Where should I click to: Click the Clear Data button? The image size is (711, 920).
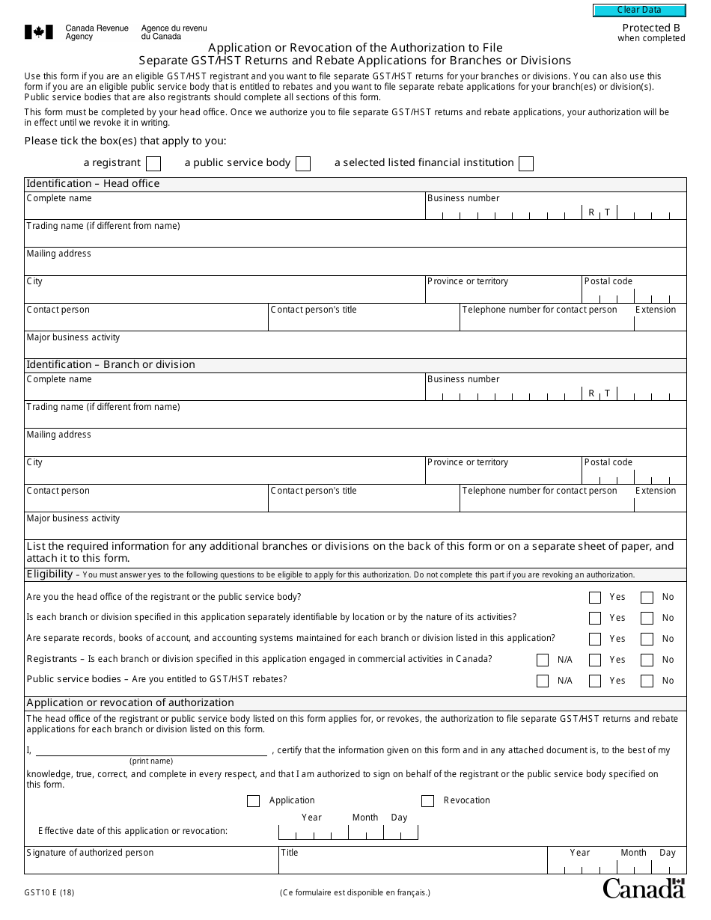tap(639, 10)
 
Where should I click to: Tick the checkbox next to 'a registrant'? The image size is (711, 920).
tap(153, 164)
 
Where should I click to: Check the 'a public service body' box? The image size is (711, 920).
tap(303, 164)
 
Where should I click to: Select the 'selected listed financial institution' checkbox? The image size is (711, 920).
tap(526, 164)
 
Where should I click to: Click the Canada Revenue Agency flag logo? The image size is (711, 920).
tap(39, 31)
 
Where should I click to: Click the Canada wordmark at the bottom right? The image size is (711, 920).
tap(644, 888)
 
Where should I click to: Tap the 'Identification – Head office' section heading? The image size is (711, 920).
tap(93, 183)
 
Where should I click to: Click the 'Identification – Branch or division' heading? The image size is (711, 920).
tap(111, 364)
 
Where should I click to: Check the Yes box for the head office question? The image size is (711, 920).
tap(595, 598)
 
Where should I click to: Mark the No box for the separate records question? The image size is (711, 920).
tap(647, 640)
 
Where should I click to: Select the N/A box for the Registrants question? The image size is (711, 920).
tap(543, 660)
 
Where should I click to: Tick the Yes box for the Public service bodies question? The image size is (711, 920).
tap(595, 681)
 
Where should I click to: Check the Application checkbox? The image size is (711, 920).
tap(253, 801)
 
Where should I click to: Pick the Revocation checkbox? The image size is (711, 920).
tap(427, 801)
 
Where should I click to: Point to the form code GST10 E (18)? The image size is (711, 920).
tap(49, 892)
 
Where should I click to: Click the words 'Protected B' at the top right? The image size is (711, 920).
tap(650, 28)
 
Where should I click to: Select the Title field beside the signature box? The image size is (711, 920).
tap(412, 865)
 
